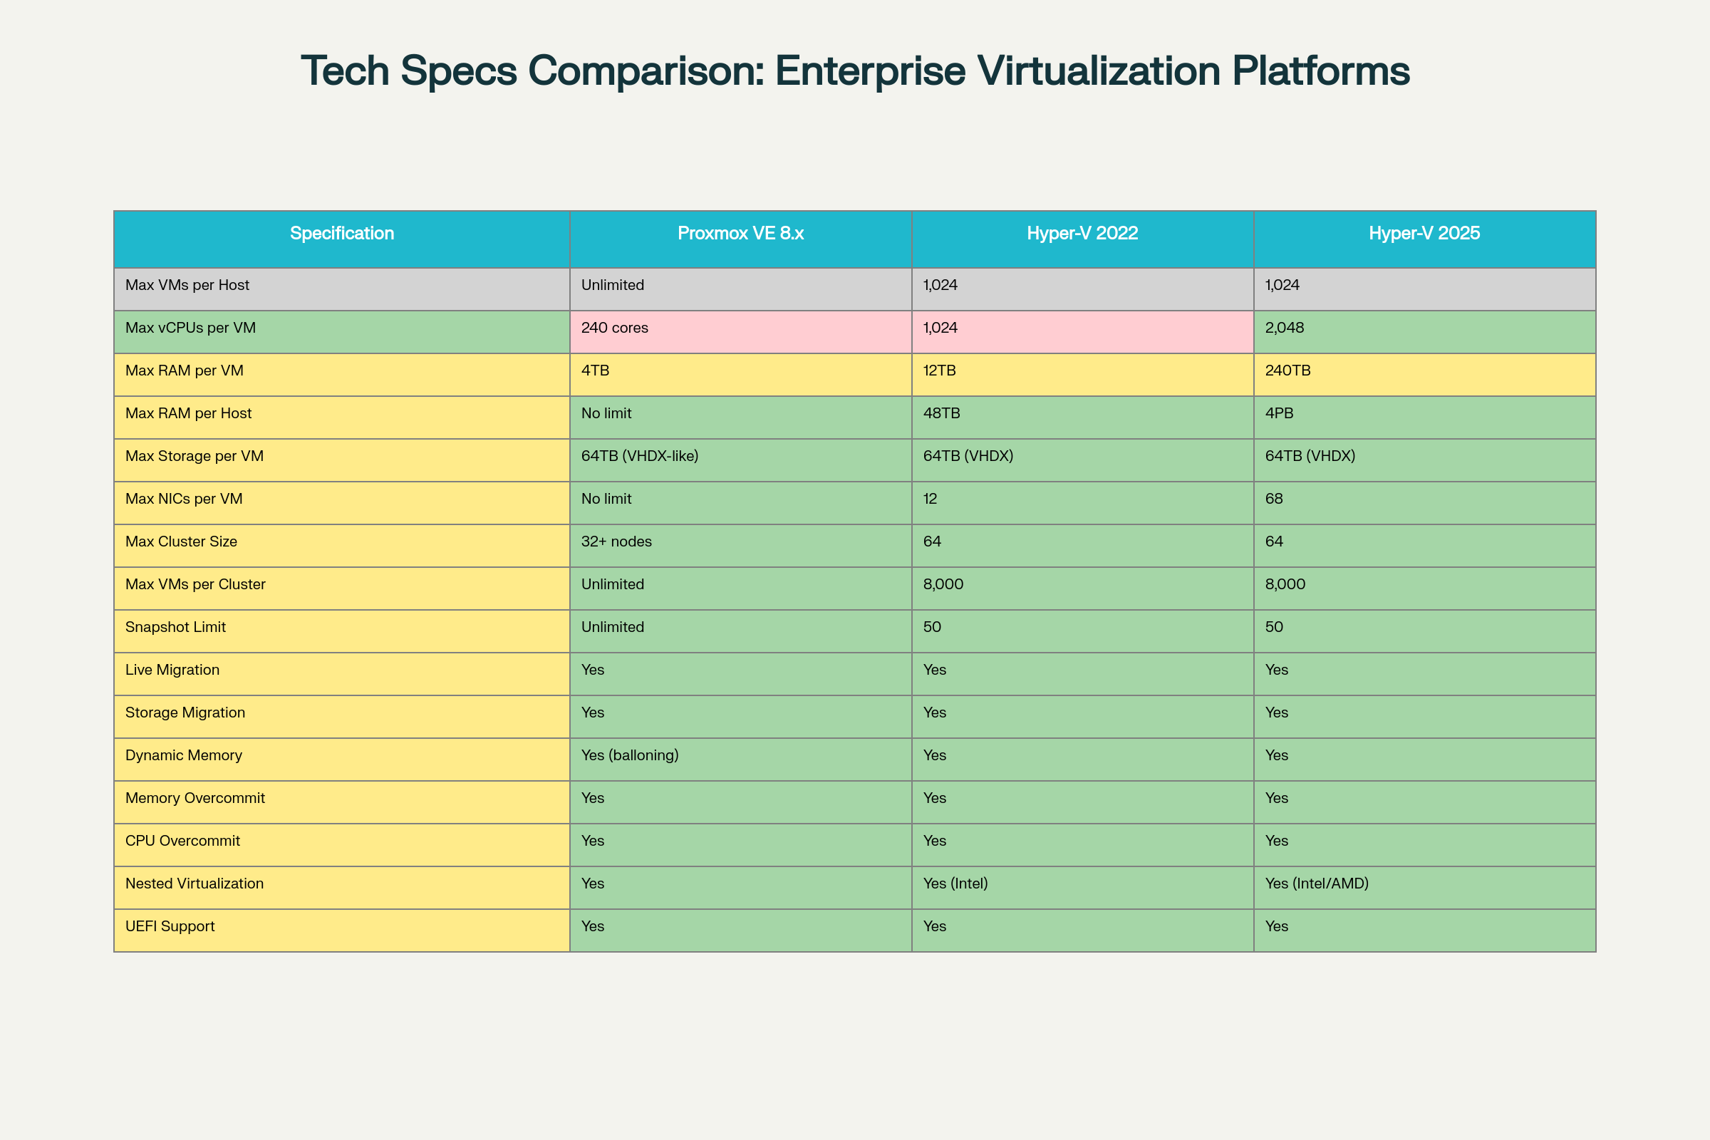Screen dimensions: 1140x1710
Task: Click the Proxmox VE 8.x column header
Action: point(740,234)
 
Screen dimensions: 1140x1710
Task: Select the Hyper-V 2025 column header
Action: point(1424,234)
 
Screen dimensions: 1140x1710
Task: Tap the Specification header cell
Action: point(342,234)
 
